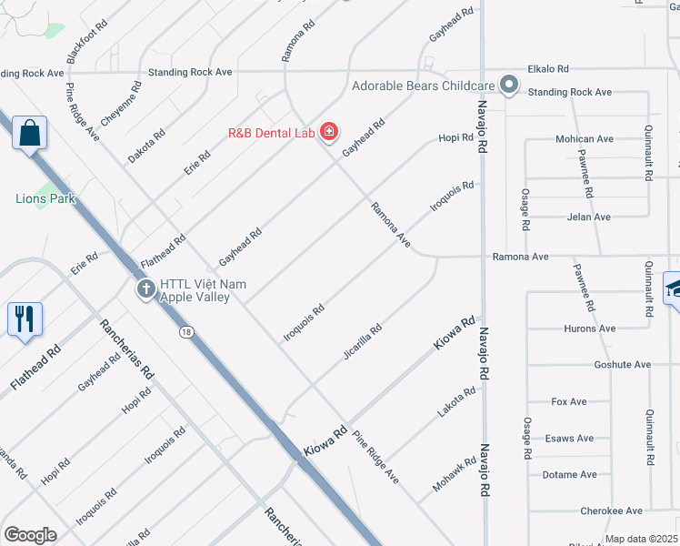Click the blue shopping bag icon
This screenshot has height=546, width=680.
tap(29, 133)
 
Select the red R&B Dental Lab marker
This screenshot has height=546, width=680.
tap(328, 133)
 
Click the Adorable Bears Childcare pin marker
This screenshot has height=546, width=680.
tap(509, 87)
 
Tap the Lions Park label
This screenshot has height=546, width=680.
tap(45, 198)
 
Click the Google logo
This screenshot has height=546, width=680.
tap(30, 535)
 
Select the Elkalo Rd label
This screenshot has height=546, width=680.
tap(549, 68)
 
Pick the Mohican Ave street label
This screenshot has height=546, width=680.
tap(585, 139)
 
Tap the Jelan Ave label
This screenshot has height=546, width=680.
tap(589, 217)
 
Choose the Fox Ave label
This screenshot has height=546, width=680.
tap(569, 401)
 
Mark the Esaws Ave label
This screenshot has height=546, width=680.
tap(570, 439)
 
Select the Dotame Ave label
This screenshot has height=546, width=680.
tap(570, 475)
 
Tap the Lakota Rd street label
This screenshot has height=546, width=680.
tap(456, 402)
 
